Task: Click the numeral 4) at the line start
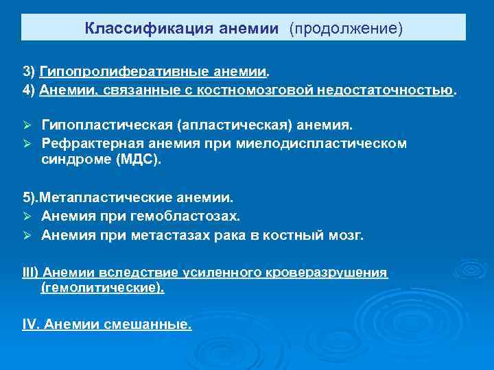[30, 90]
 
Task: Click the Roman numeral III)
[32, 273]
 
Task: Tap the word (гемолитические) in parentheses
[102, 288]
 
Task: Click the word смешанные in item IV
[155, 324]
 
